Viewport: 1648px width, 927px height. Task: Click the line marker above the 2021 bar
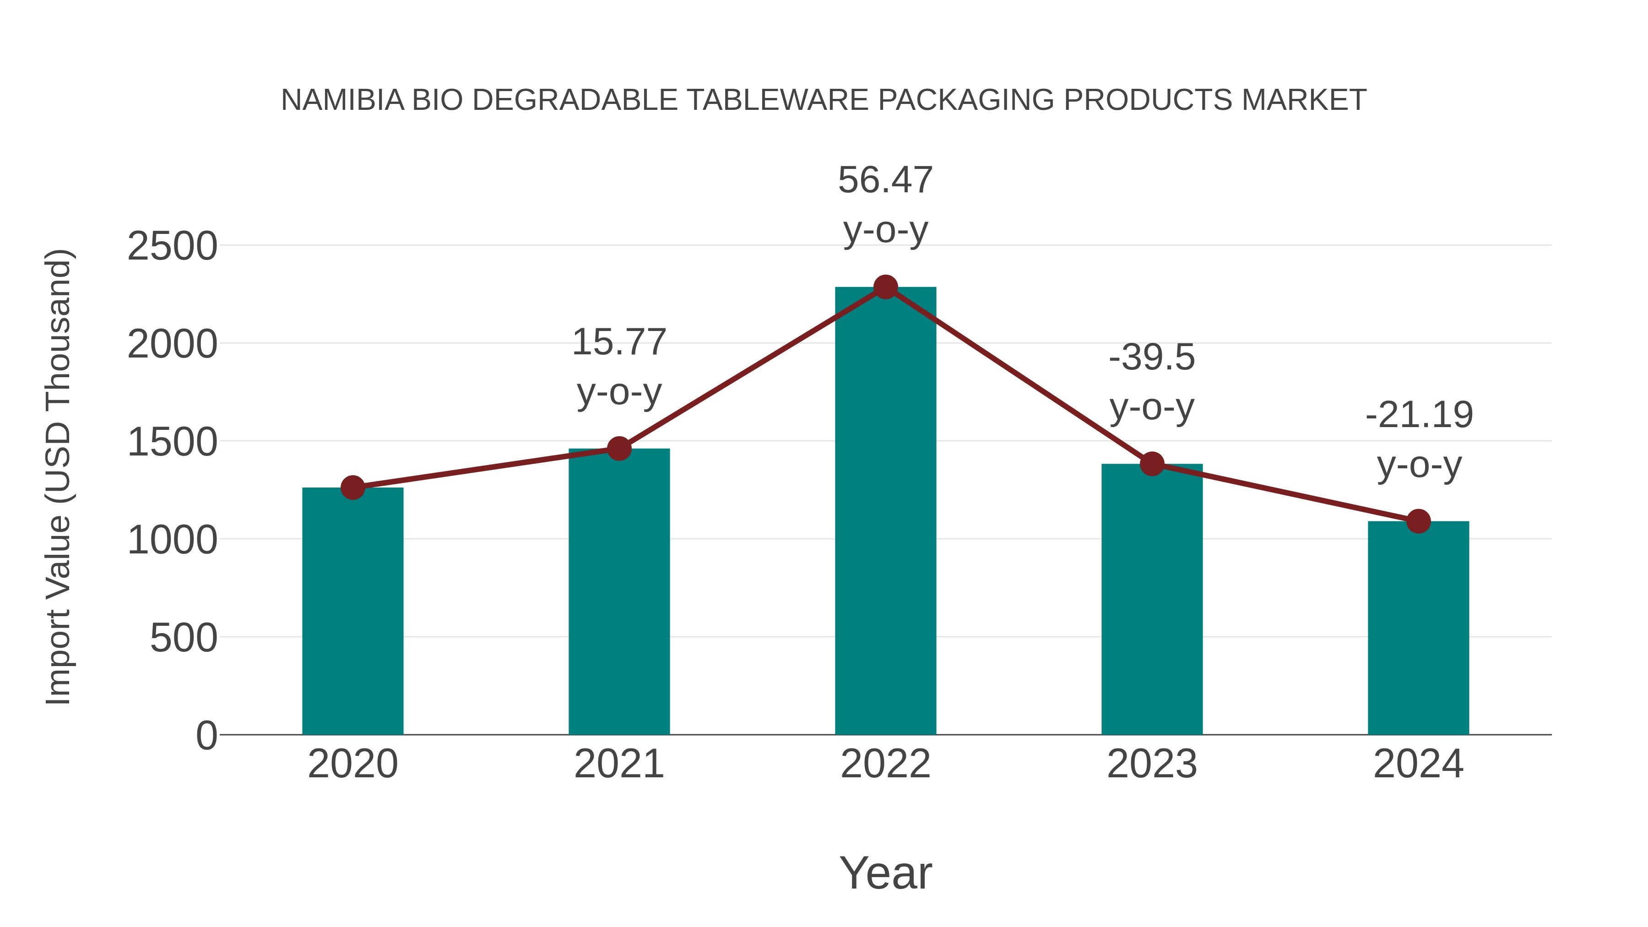(618, 449)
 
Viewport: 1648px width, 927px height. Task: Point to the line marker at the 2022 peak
(885, 287)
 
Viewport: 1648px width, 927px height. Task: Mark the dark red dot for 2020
(352, 488)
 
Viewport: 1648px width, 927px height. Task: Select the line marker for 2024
(1418, 521)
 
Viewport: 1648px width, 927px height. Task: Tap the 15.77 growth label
(618, 342)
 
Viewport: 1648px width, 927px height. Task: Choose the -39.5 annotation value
(1152, 358)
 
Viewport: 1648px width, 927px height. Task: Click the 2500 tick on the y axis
(172, 246)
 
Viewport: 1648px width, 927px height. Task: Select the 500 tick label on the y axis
(183, 639)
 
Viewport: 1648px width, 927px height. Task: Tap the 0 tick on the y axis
(206, 736)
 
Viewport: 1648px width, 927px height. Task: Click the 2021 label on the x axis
(618, 764)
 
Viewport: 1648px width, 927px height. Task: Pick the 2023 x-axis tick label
(1152, 764)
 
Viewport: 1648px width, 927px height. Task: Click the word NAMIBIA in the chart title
(343, 100)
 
